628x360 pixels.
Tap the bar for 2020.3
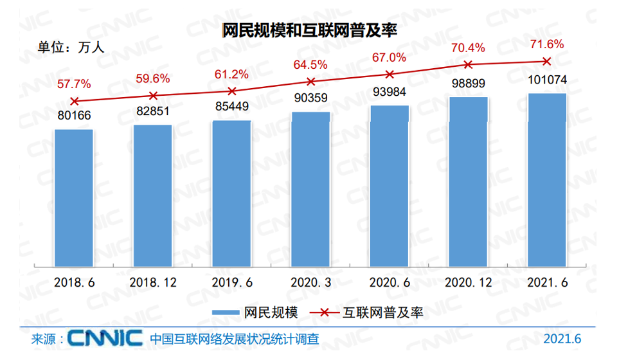[x=310, y=189]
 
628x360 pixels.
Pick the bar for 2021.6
[x=546, y=179]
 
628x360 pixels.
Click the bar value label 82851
[x=152, y=111]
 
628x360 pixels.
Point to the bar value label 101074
[x=546, y=81]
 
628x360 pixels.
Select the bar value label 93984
[x=389, y=92]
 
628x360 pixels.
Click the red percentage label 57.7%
[x=74, y=84]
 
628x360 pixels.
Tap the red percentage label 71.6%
[x=546, y=44]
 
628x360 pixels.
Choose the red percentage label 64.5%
[x=310, y=64]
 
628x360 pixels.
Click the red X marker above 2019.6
[x=232, y=91]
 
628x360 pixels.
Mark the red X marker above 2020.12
[x=468, y=64]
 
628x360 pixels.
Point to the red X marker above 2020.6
[x=389, y=75]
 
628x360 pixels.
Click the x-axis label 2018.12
[x=152, y=282]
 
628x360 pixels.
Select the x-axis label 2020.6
[x=389, y=282]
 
